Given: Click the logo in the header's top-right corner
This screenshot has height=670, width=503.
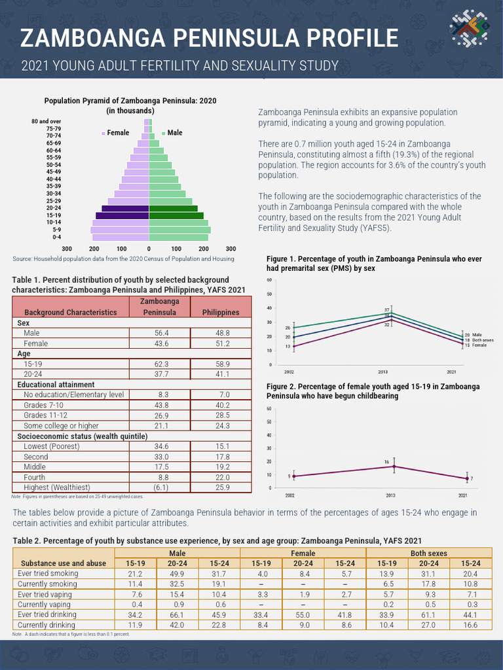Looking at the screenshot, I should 469,31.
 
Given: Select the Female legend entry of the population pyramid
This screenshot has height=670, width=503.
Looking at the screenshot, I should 116,133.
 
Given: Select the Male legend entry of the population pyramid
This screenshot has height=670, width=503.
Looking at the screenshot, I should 172,133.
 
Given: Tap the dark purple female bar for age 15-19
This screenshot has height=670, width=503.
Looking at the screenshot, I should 122,215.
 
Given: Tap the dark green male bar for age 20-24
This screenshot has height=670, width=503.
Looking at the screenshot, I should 173,208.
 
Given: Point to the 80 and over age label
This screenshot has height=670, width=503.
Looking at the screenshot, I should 46,122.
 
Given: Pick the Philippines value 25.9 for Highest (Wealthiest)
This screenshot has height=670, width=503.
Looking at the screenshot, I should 220,487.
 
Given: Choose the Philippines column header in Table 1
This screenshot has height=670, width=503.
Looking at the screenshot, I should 220,312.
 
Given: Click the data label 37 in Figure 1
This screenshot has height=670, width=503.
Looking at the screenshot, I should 387,309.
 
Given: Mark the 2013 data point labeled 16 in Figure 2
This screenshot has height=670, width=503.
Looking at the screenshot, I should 394,467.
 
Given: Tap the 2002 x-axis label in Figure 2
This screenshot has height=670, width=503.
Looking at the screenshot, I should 289,495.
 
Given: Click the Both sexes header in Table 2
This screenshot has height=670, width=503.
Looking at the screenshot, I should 428,553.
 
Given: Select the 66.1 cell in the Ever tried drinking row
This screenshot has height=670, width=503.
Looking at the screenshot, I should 303,615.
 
